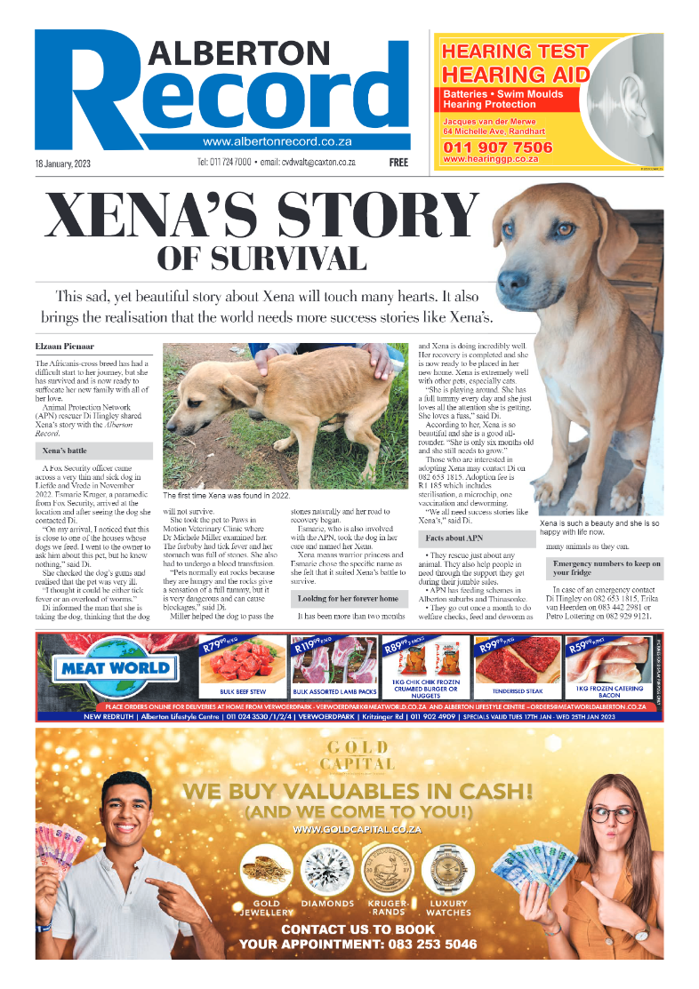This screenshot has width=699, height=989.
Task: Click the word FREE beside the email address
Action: (398, 164)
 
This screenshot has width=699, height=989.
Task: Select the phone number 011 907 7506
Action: (497, 147)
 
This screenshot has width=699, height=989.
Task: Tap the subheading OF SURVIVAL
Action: (261, 259)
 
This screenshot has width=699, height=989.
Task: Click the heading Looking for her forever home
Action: (348, 599)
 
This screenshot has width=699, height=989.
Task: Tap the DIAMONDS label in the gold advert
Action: (325, 904)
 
